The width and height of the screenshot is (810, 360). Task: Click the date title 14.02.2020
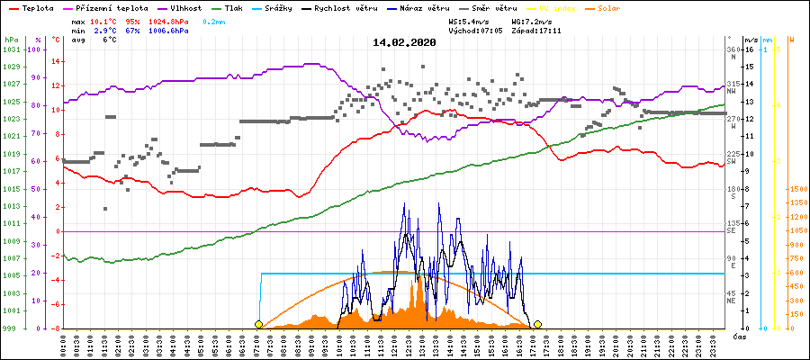[404, 42]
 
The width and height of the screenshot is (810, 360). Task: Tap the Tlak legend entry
[233, 7]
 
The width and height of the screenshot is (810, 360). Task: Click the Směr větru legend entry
[498, 7]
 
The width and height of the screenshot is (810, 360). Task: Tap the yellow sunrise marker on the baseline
[259, 324]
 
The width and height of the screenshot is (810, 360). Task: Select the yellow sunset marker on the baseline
[537, 324]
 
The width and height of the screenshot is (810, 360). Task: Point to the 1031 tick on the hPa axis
[11, 49]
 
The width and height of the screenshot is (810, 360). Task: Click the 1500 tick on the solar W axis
[798, 189]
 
